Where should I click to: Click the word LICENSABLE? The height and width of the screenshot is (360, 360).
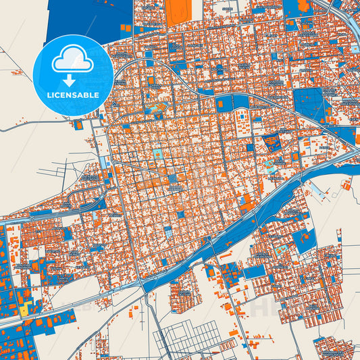73,95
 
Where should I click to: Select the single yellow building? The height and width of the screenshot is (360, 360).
24,310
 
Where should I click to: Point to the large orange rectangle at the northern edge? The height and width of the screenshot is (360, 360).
178,12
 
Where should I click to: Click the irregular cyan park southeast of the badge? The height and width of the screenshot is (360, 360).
156,108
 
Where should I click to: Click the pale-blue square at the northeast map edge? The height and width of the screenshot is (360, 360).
353,49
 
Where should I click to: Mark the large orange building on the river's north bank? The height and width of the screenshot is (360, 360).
248,201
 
